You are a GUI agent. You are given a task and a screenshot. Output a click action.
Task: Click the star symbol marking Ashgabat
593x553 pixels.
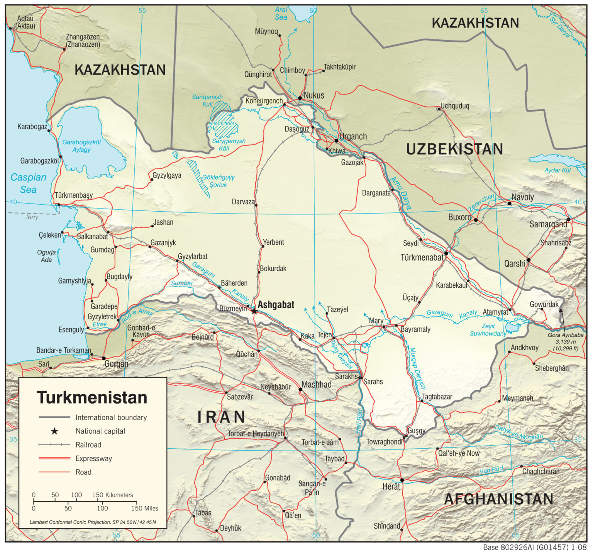(x=254, y=311)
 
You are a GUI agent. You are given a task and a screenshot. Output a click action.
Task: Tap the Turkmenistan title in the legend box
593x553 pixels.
(x=92, y=397)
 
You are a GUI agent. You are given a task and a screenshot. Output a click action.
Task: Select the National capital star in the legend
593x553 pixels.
(x=54, y=431)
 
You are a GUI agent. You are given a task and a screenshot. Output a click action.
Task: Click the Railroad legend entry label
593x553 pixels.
(x=88, y=445)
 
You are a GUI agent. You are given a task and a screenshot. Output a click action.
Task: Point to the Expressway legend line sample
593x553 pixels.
(x=54, y=458)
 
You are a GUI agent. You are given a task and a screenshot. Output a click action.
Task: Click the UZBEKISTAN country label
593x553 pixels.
(x=454, y=149)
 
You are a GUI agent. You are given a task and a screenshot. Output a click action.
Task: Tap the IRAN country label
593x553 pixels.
(x=221, y=417)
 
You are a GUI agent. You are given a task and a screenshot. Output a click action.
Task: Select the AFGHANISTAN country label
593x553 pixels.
(x=499, y=499)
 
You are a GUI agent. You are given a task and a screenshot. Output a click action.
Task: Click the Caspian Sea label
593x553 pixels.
(x=28, y=183)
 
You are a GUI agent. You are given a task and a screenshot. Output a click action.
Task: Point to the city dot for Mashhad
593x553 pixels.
(x=300, y=389)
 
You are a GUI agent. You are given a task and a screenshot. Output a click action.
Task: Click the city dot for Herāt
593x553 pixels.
(x=402, y=480)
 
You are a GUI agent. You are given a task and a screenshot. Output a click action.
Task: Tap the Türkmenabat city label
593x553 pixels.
(x=422, y=258)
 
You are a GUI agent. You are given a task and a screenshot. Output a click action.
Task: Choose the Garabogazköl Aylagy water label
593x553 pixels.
(x=81, y=146)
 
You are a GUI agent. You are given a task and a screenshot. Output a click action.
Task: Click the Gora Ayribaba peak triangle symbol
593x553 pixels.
(x=561, y=310)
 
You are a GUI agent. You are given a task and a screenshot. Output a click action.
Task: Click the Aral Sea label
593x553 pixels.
(x=281, y=14)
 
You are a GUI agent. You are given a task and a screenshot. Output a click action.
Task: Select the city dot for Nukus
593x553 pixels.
(x=300, y=98)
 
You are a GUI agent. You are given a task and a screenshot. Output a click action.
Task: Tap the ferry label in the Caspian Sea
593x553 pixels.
(x=32, y=217)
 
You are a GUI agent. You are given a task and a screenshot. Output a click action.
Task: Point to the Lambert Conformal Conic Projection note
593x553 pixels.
(x=93, y=522)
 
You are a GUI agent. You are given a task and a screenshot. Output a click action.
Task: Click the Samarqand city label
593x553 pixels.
(x=548, y=224)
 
